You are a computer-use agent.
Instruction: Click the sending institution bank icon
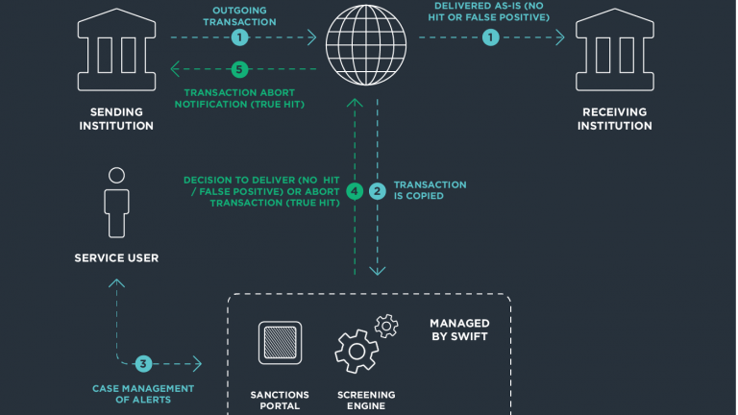tap(116, 49)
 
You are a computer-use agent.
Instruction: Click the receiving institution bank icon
tap(615, 49)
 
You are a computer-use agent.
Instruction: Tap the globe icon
tap(366, 45)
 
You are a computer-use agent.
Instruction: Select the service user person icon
tap(116, 203)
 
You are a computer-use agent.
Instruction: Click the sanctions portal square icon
tap(280, 343)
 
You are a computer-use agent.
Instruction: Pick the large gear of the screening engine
tap(357, 351)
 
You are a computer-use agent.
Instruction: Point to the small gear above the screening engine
tap(386, 326)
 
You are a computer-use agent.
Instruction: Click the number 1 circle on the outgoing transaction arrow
tap(239, 37)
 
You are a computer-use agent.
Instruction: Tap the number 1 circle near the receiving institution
tap(490, 37)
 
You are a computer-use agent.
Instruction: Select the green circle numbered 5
tap(239, 69)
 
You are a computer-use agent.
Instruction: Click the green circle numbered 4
tap(355, 191)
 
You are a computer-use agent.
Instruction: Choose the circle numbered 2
tap(377, 191)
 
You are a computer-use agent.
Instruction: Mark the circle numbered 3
tap(143, 364)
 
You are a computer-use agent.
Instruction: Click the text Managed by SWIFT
tap(459, 330)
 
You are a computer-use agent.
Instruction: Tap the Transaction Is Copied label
tap(430, 190)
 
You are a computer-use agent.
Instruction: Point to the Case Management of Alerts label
tap(143, 394)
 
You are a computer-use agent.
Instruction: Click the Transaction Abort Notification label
tap(239, 98)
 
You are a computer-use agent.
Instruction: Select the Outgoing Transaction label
tap(239, 16)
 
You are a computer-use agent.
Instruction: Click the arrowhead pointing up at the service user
tap(116, 282)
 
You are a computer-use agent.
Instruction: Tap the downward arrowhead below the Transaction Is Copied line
tap(378, 271)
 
